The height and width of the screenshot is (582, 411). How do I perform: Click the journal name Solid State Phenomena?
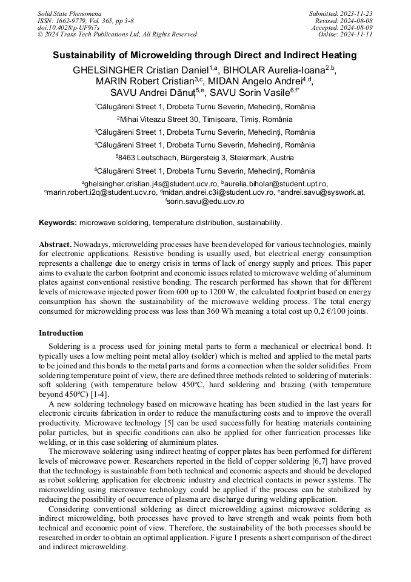69,13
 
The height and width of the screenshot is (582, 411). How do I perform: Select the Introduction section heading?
61,333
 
